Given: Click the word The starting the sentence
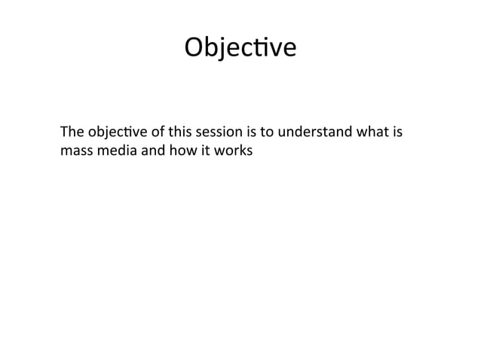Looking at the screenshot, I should point(71,133).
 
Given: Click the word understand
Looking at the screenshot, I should point(317,133).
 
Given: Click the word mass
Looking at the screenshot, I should point(75,151).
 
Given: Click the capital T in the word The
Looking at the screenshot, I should point(64,133).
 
